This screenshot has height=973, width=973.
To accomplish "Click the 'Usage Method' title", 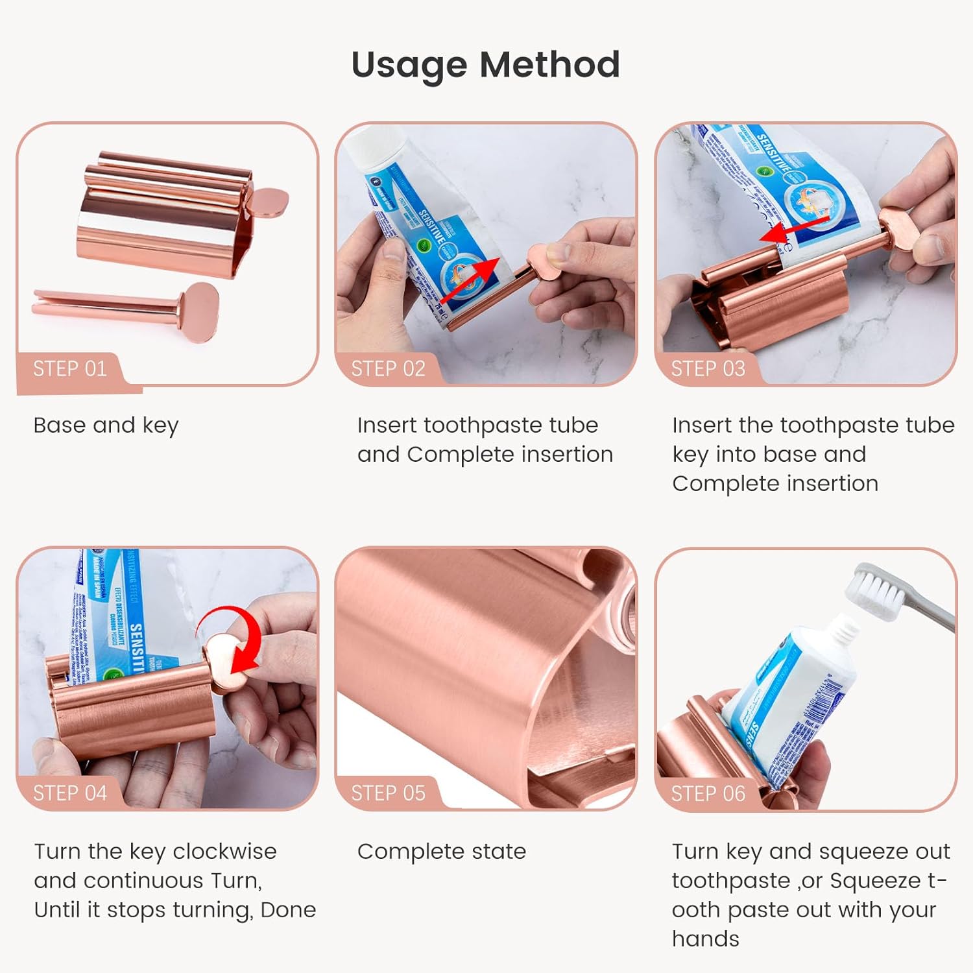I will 485,65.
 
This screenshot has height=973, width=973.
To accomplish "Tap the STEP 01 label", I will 69,369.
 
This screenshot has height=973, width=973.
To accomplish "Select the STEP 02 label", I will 388,369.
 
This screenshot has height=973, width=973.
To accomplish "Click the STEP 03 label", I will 708,369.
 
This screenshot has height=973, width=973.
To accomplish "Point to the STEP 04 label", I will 69,793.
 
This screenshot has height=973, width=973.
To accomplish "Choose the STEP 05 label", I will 388,793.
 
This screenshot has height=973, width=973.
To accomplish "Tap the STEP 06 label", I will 708,793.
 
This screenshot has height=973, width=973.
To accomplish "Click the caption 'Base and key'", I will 106,426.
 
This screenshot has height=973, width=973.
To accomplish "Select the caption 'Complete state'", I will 441,852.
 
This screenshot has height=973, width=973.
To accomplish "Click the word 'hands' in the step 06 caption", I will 705,939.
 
